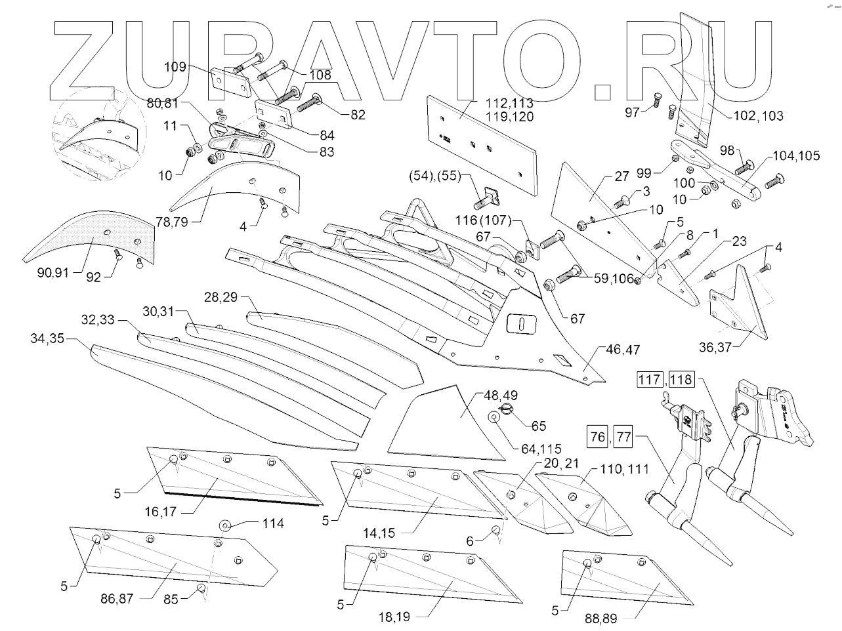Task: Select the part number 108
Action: click(x=320, y=75)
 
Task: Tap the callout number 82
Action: click(x=358, y=114)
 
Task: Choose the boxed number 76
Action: click(x=597, y=438)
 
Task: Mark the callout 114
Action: click(x=273, y=523)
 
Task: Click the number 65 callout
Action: click(x=538, y=426)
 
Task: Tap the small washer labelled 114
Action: click(x=225, y=525)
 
